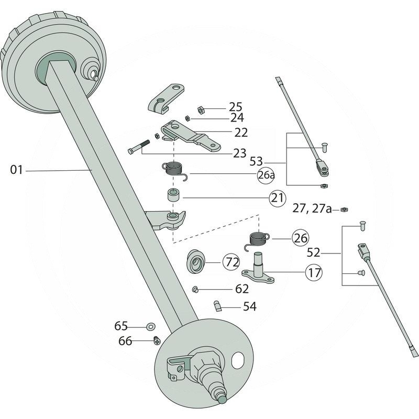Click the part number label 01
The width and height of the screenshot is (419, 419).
(16, 170)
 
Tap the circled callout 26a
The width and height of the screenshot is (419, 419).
(266, 175)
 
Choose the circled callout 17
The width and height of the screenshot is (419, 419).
(314, 272)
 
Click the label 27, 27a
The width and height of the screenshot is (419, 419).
(312, 209)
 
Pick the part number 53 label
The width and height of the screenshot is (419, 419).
(271, 162)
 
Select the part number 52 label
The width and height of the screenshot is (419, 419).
(313, 253)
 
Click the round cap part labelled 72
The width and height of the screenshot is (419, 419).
(197, 260)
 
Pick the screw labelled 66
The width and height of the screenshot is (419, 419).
(157, 341)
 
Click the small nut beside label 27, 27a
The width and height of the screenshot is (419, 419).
(344, 210)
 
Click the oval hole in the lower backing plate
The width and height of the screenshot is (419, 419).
(238, 360)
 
